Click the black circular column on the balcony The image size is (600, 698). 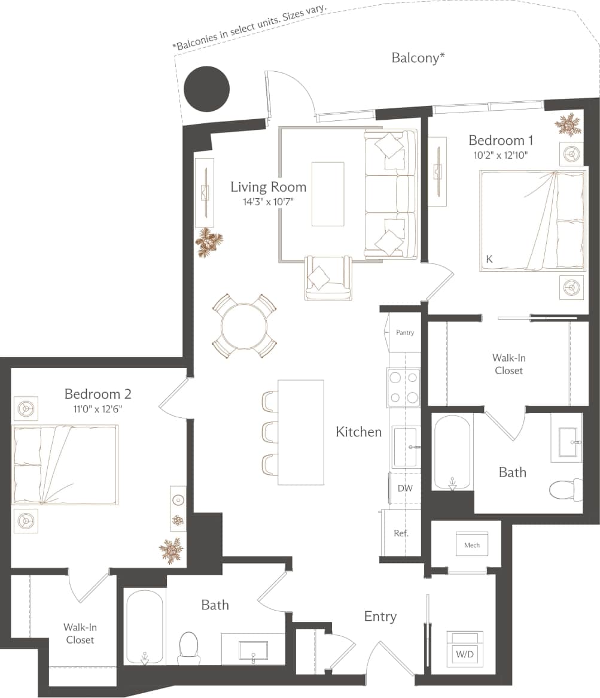pyautogui.click(x=206, y=89)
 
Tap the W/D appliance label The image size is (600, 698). pyautogui.click(x=465, y=654)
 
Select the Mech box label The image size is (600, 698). pyautogui.click(x=472, y=545)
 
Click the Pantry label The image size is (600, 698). pyautogui.click(x=405, y=333)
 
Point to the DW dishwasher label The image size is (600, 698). pyautogui.click(x=405, y=488)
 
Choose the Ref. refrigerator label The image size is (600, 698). pyautogui.click(x=401, y=533)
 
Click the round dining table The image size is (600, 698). pyautogui.click(x=244, y=326)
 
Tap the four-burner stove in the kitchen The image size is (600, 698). pyautogui.click(x=404, y=387)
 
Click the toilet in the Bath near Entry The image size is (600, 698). pyautogui.click(x=188, y=647)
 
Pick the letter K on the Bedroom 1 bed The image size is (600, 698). pyautogui.click(x=489, y=259)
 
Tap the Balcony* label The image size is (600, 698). pyautogui.click(x=418, y=58)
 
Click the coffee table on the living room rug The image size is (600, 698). pyautogui.click(x=328, y=194)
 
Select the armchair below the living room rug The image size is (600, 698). pyautogui.click(x=328, y=278)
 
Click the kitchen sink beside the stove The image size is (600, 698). pyautogui.click(x=405, y=447)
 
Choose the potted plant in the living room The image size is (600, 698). pyautogui.click(x=209, y=242)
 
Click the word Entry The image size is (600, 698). pyautogui.click(x=380, y=617)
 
